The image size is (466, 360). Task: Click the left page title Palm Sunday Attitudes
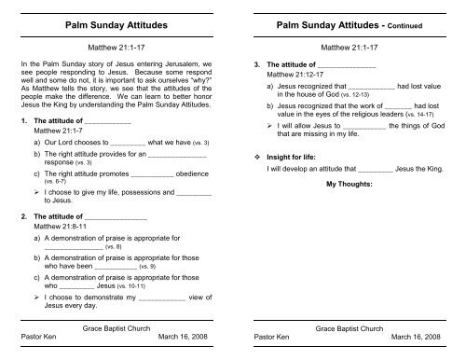click(x=116, y=18)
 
